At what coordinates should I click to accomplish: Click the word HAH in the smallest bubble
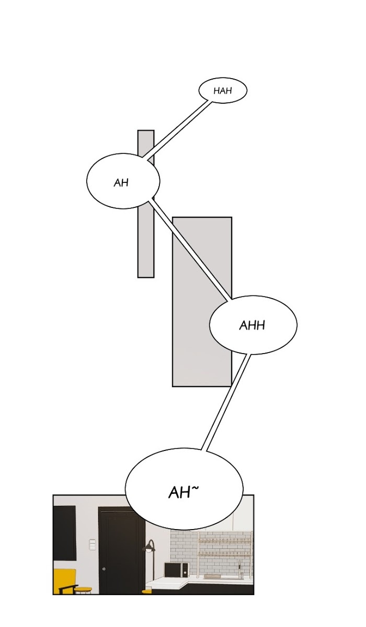pos(222,91)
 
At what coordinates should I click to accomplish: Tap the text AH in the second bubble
pos(121,183)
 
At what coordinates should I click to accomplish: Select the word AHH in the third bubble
pos(252,325)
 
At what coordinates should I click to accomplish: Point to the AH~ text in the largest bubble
pos(181,492)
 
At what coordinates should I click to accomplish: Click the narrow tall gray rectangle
pos(146,241)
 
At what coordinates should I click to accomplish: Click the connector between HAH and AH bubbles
pos(178,128)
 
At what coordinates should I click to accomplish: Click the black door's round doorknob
pos(104,569)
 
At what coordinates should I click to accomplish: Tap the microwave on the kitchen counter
pos(176,569)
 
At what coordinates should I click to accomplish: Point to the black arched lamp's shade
pos(150,548)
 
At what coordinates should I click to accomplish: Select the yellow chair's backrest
pos(64,578)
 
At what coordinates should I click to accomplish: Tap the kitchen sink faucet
pos(240,568)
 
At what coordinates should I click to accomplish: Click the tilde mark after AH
pos(195,488)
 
